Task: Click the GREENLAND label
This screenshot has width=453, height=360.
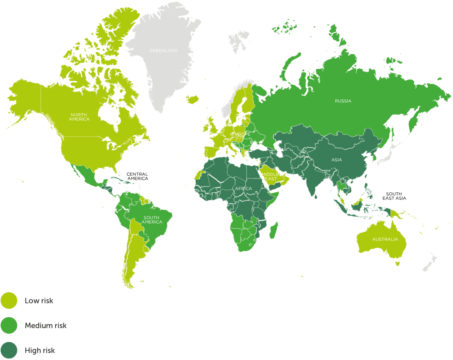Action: [x=163, y=51]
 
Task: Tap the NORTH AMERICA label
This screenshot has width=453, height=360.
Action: [x=79, y=117]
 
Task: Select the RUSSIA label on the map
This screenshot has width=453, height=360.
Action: [x=343, y=101]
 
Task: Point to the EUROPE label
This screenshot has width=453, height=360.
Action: [x=241, y=134]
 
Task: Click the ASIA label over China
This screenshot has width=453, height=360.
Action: [x=337, y=160]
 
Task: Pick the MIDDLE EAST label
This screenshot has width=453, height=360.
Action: [x=271, y=176]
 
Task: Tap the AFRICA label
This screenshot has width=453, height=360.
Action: [x=243, y=189]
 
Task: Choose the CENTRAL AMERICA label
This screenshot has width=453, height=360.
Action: [x=137, y=176]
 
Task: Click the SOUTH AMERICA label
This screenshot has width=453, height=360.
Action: [x=151, y=220]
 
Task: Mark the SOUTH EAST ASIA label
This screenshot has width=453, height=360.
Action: [x=394, y=196]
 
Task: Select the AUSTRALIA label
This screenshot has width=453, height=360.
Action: [x=385, y=239]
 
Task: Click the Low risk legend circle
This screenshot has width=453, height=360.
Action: [x=9, y=301]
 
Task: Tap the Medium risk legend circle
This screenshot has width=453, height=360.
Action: [x=9, y=325]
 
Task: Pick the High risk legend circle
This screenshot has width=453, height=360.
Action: [x=9, y=350]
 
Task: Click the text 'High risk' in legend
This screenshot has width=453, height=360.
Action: [x=40, y=350]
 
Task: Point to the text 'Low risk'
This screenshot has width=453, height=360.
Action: [x=39, y=301]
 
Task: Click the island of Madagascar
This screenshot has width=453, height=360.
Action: [x=273, y=230]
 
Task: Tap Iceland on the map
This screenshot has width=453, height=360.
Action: [x=192, y=99]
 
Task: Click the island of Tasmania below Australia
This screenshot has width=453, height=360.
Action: [x=397, y=264]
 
